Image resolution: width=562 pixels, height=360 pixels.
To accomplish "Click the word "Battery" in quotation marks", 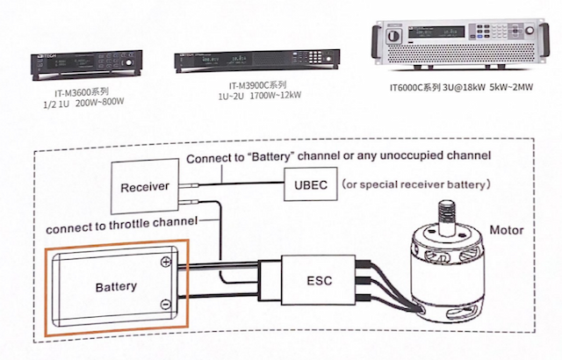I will point(268,156).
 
